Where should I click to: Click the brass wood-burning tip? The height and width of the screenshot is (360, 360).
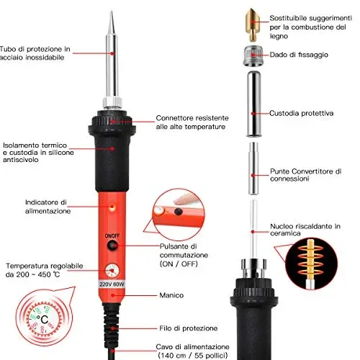(253, 24)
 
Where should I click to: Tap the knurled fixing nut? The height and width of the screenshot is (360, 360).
(253, 55)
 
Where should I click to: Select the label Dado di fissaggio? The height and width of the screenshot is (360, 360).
(299, 55)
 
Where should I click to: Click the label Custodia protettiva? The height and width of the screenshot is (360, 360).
(301, 113)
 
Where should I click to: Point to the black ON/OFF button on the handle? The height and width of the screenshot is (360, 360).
(112, 246)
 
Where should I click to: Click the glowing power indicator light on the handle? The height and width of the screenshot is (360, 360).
(112, 207)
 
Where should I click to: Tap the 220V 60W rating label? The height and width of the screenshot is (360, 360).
(112, 284)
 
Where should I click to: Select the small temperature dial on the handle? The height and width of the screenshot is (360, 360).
(112, 271)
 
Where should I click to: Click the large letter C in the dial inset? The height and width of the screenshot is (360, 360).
(45, 320)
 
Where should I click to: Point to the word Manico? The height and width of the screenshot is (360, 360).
(171, 295)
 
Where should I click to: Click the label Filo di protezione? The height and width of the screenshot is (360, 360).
(189, 328)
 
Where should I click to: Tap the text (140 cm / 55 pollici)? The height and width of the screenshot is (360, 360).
(193, 355)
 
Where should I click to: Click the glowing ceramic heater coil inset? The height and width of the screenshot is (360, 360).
(311, 264)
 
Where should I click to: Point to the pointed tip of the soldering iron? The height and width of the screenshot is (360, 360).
(111, 12)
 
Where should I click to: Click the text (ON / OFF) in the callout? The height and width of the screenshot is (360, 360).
(179, 264)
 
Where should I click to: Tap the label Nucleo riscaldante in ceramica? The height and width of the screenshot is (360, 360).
(305, 230)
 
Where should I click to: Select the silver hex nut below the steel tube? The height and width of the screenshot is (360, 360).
(112, 103)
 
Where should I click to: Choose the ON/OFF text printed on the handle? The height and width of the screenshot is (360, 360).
(112, 235)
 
